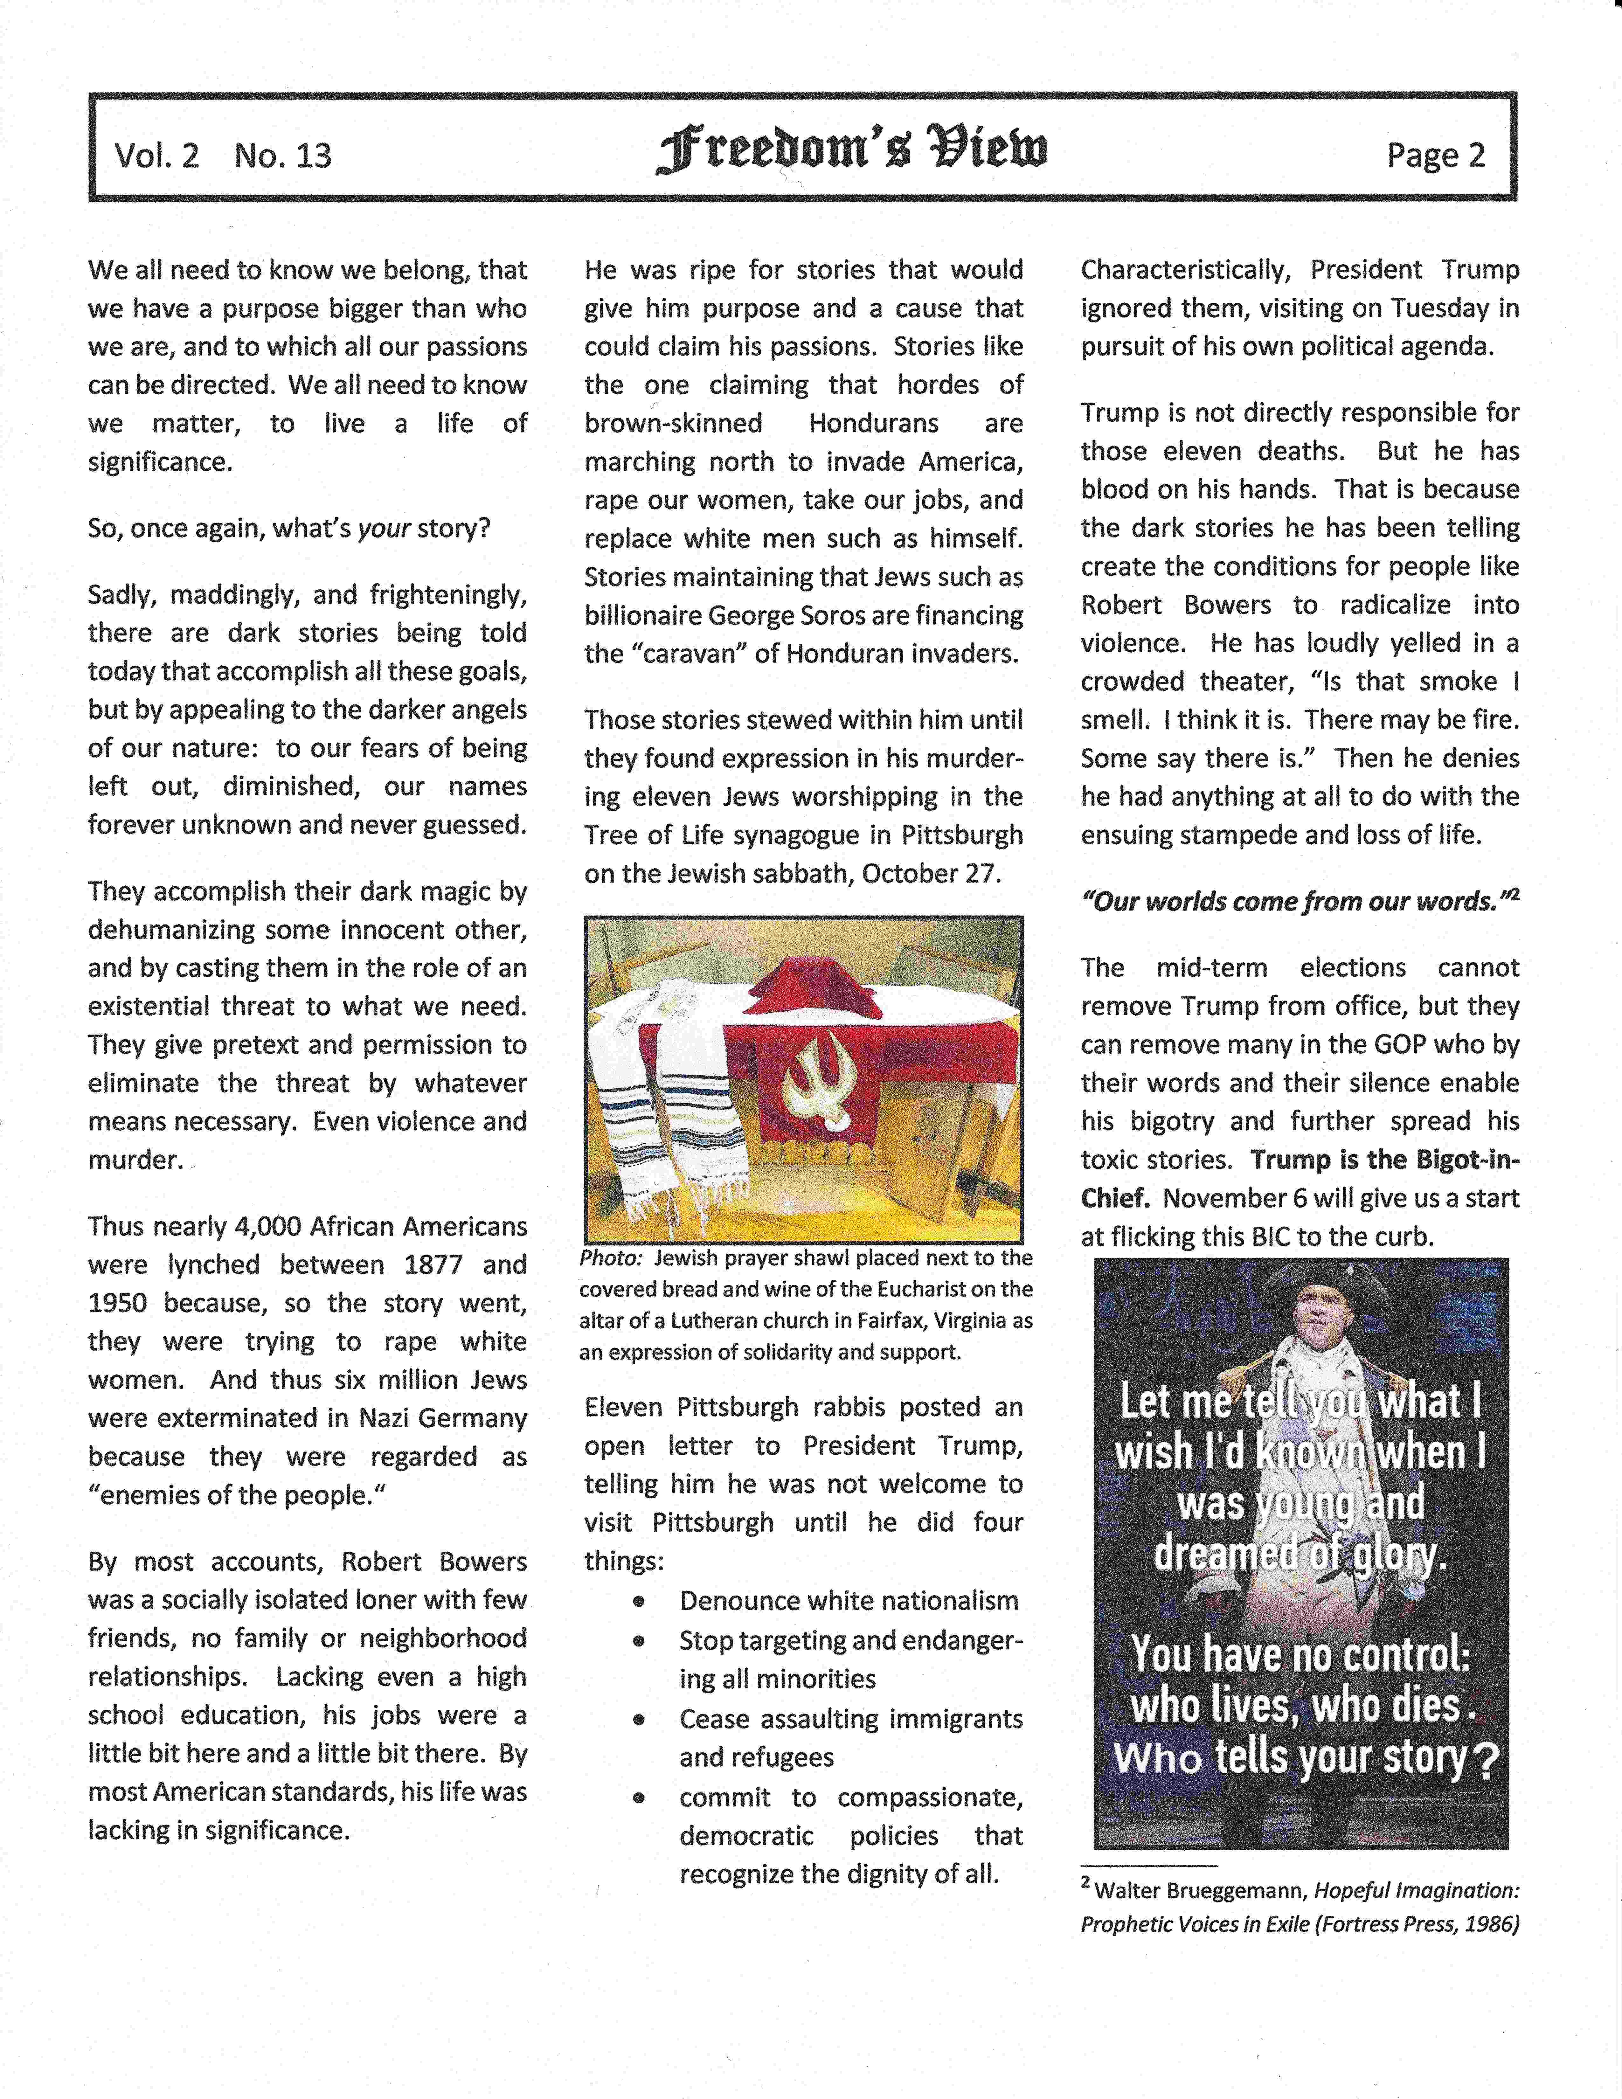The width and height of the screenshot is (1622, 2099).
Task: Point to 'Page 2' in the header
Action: click(x=1436, y=155)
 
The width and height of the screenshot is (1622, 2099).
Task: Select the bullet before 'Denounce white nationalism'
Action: click(x=638, y=1602)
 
